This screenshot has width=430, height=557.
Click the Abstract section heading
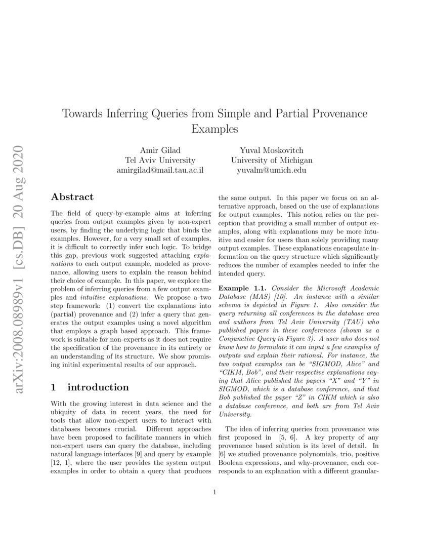point(72,197)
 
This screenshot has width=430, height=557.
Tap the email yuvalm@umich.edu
point(272,171)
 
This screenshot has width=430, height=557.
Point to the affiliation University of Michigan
point(272,160)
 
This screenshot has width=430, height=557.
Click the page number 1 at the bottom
point(215,491)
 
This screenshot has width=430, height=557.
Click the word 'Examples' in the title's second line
point(214,129)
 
